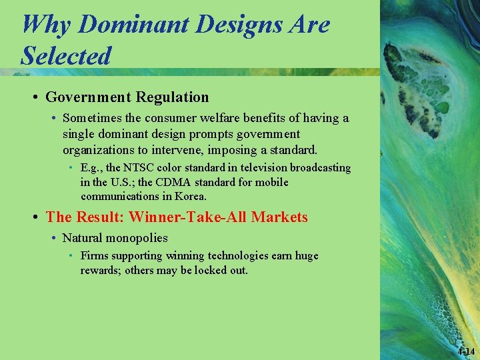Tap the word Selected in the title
pos(65,55)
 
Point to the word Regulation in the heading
pos(172,97)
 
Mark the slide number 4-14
pos(466,351)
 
